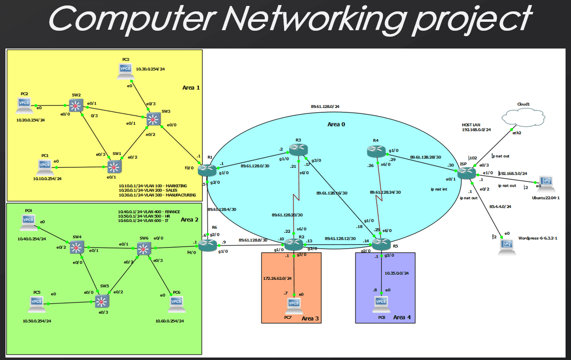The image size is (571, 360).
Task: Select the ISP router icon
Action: click(466, 173)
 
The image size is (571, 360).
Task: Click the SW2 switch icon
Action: click(75, 105)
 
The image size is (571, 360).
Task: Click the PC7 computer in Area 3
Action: click(293, 305)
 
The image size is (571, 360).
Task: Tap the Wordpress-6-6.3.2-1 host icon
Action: click(505, 244)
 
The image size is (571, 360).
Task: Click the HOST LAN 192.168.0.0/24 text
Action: click(476, 127)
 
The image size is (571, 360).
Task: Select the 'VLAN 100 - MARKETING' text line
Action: click(153, 186)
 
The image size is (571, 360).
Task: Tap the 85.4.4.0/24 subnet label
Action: click(500, 206)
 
